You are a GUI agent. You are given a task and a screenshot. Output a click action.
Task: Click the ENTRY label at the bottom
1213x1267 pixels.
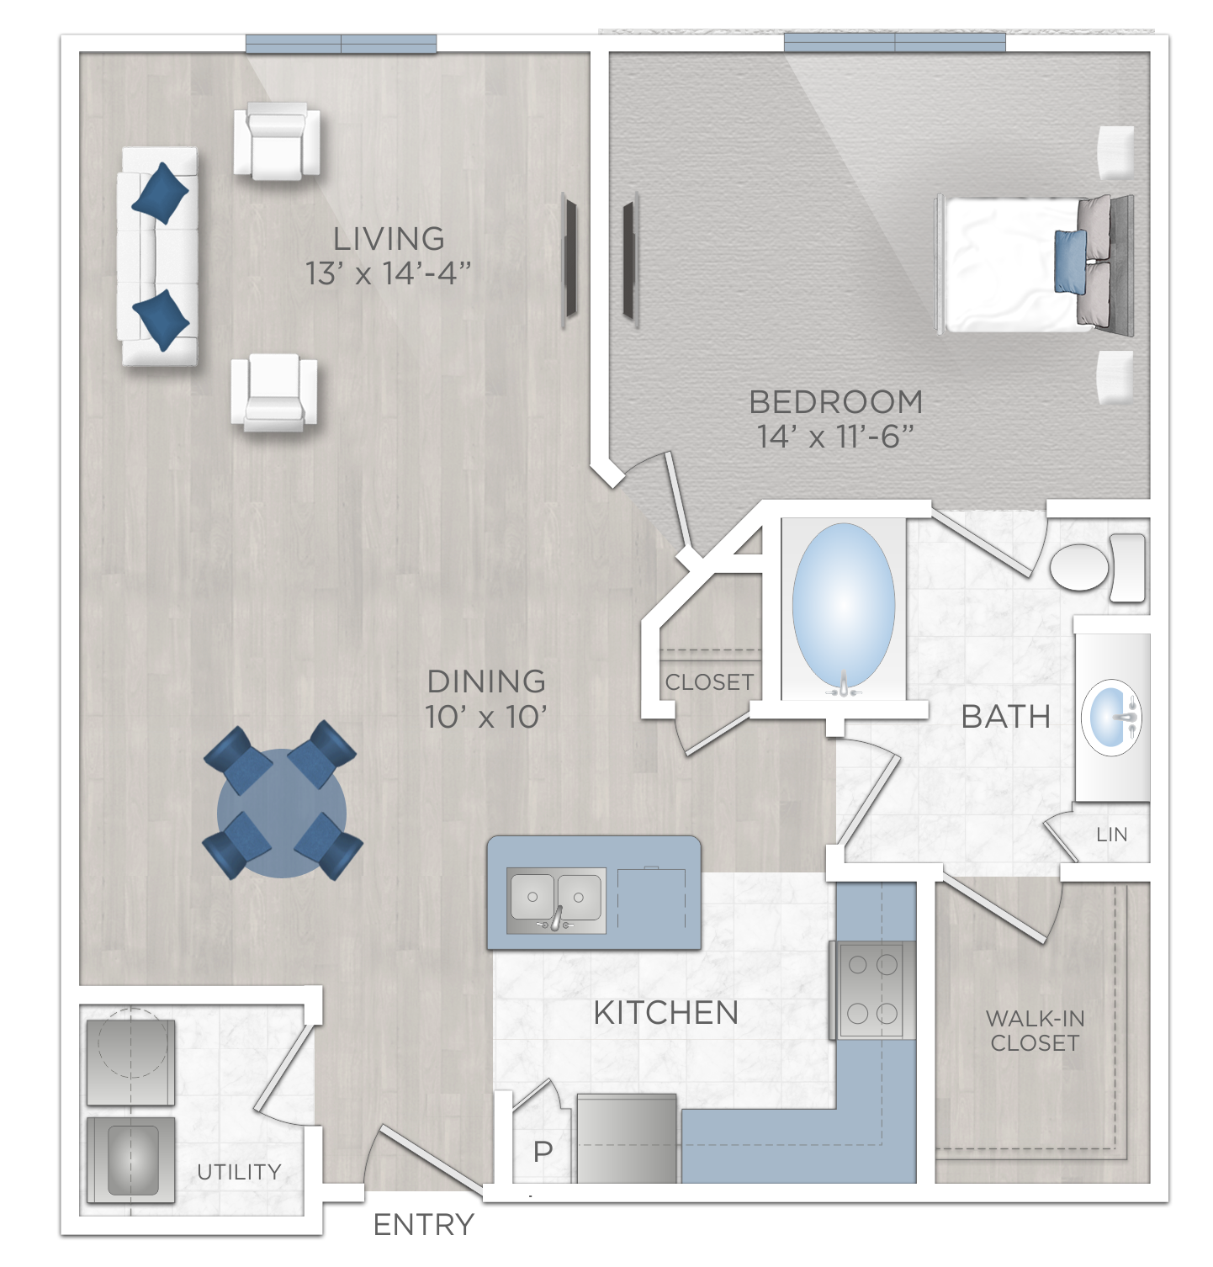tap(423, 1225)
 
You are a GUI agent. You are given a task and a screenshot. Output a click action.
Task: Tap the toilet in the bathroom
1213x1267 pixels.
tap(1094, 567)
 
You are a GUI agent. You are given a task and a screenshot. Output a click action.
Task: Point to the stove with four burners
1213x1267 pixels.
tap(872, 989)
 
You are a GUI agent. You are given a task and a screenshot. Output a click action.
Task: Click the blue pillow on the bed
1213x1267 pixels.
tap(1069, 261)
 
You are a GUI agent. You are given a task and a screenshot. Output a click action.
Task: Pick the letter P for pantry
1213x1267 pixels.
tap(543, 1151)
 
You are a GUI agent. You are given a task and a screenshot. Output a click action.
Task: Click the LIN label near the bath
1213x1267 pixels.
tap(1111, 835)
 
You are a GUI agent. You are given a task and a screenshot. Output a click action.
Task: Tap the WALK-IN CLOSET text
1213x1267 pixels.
tap(1035, 1031)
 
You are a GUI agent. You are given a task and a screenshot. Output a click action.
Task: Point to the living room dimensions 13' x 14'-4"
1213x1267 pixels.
tap(388, 273)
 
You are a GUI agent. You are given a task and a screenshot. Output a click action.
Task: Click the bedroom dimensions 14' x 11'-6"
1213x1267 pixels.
tap(834, 437)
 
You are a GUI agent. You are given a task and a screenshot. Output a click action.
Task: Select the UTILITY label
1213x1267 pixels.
tap(239, 1171)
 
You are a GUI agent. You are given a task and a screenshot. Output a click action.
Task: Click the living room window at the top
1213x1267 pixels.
tap(341, 44)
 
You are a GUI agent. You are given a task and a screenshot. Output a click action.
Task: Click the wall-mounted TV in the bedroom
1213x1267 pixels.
tap(628, 261)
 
